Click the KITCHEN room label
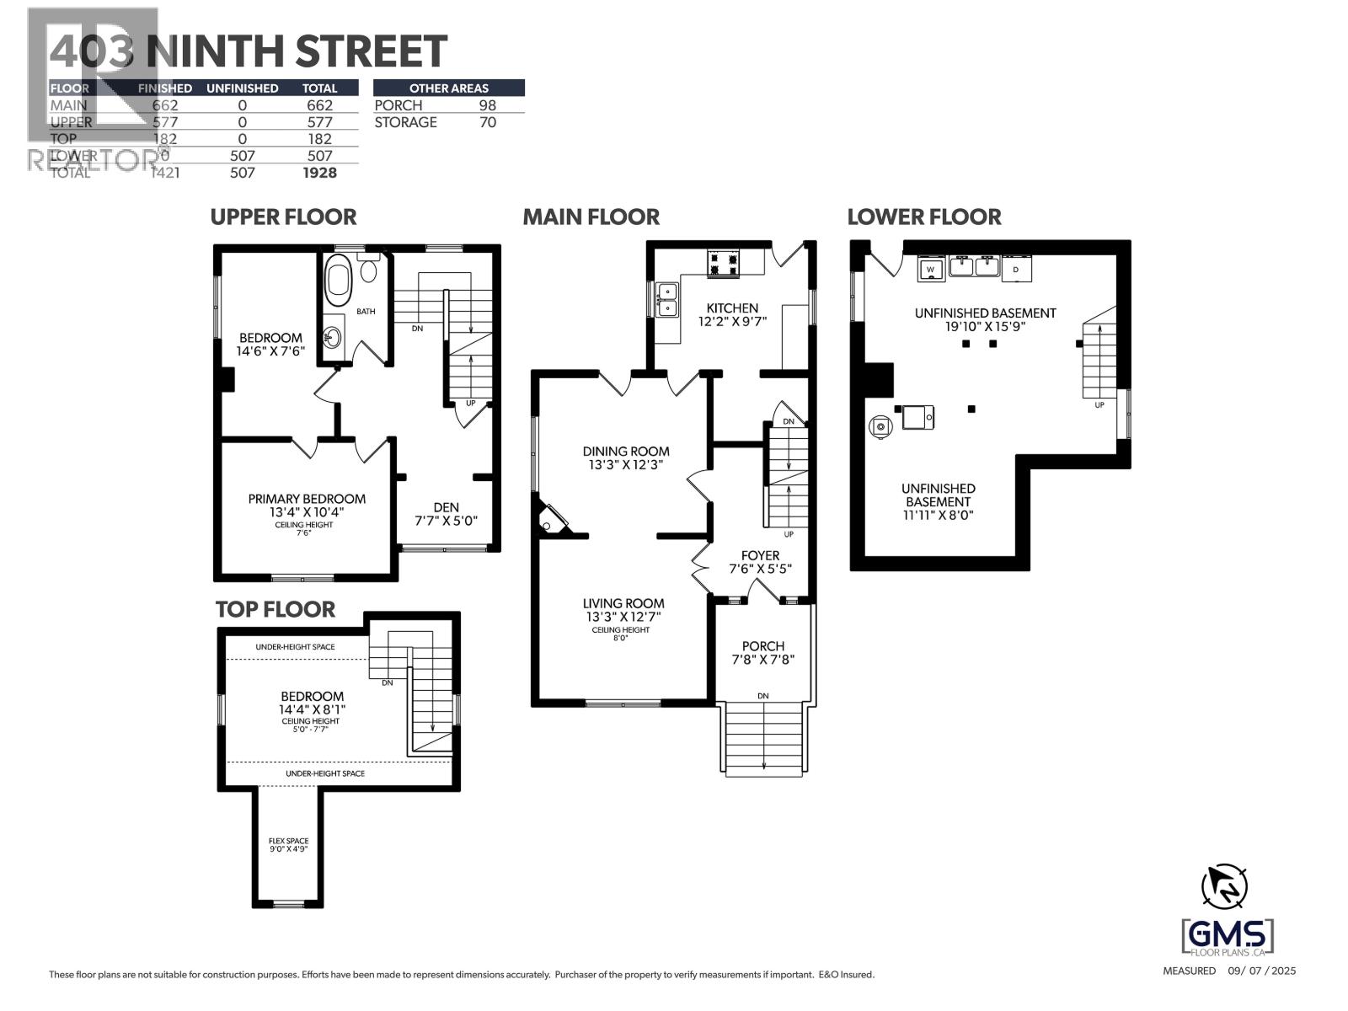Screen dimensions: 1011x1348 tap(732, 308)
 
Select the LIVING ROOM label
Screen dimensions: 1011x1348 tap(623, 603)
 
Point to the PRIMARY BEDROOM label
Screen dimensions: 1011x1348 tap(307, 499)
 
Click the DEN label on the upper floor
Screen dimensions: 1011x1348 tap(446, 507)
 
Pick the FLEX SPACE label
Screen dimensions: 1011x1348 tap(288, 841)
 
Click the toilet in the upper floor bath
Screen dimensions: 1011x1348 tap(368, 269)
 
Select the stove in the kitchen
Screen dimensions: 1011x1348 tap(723, 263)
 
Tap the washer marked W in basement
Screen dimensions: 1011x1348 tap(931, 269)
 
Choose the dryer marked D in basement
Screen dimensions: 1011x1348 tap(1016, 269)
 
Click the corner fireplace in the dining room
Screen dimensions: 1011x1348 tap(551, 519)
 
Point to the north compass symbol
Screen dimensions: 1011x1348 tap(1223, 885)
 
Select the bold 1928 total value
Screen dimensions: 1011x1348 tap(319, 173)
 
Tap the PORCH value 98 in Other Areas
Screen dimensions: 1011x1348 tap(487, 105)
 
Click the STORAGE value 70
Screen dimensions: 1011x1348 tap(487, 122)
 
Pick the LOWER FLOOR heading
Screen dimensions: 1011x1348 tap(924, 217)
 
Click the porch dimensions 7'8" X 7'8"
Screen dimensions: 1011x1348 tap(763, 660)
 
